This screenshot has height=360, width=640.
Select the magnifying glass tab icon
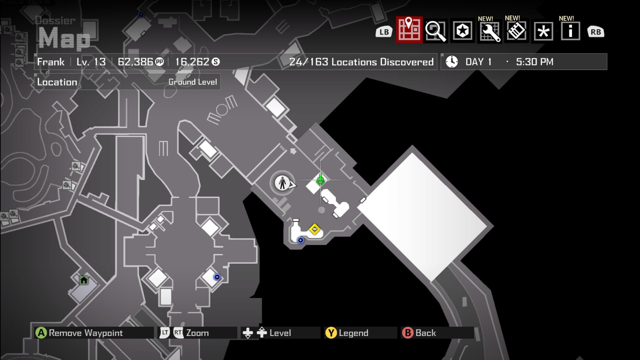[436, 31]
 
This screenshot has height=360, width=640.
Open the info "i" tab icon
[570, 31]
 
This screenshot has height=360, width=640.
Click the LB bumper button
[384, 32]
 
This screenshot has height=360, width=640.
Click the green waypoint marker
[320, 180]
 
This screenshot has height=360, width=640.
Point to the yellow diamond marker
[315, 229]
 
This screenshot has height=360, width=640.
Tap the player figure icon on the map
[282, 183]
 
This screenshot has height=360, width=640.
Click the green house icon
[84, 280]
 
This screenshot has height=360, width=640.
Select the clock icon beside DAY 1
[452, 62]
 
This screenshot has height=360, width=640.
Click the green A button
[41, 333]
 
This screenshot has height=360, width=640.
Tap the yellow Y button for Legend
[331, 333]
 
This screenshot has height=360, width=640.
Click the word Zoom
[197, 333]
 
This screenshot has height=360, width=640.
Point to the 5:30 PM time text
[534, 62]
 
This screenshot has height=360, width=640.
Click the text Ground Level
[192, 82]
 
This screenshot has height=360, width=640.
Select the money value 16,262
[192, 62]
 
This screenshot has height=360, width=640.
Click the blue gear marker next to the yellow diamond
[301, 240]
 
